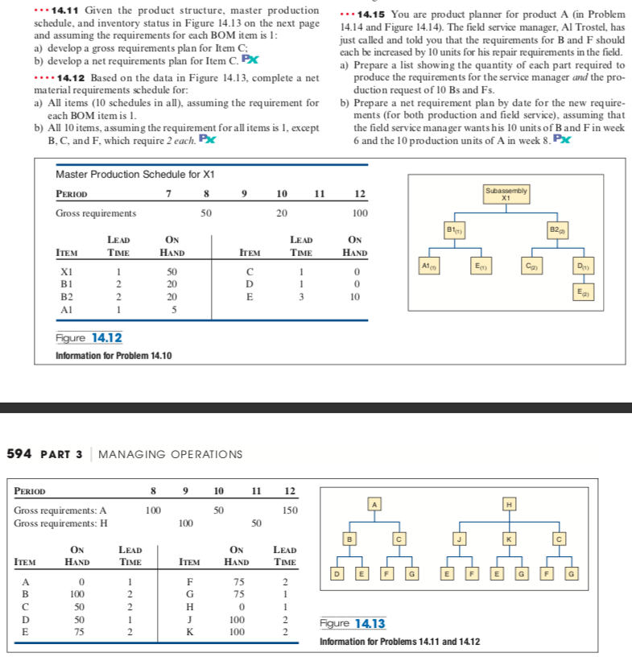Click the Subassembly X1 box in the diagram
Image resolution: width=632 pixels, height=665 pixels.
click(x=506, y=194)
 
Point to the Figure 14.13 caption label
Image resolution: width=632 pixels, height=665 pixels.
click(x=353, y=623)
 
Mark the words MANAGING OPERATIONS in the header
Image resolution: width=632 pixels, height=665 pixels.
click(x=170, y=454)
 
